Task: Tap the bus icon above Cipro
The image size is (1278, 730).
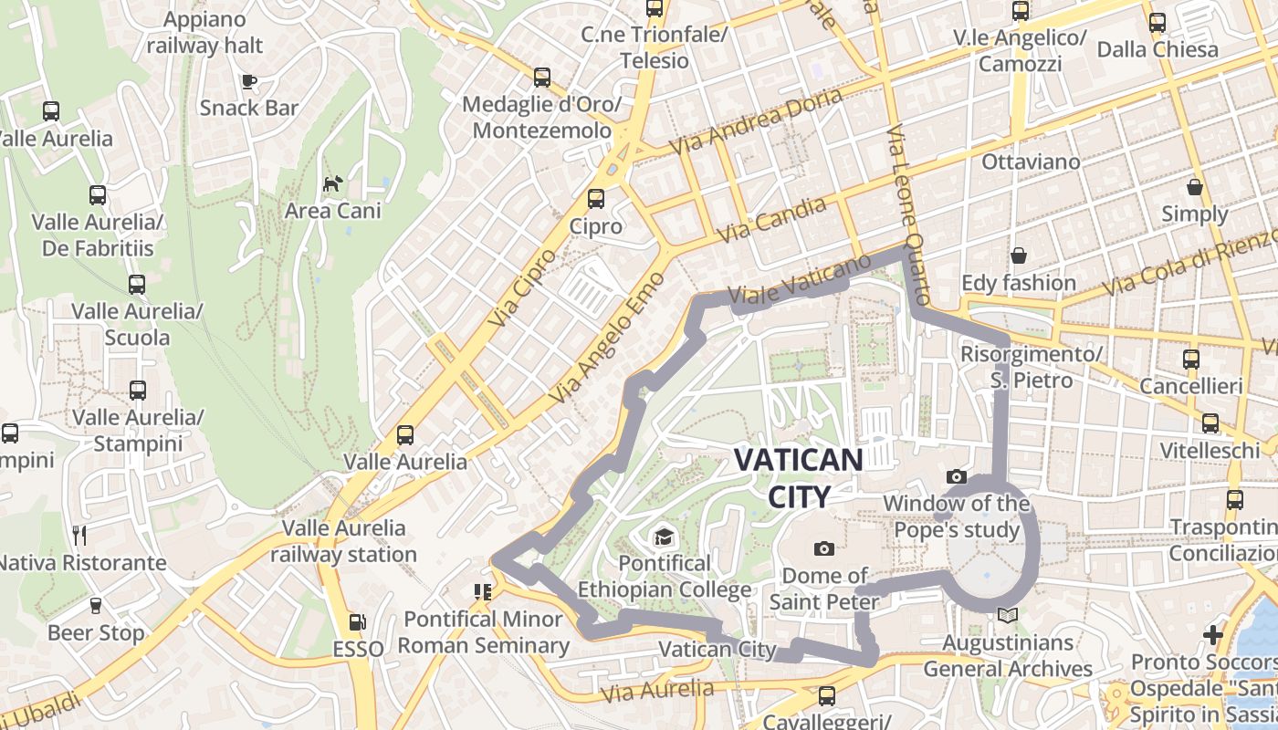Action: (596, 198)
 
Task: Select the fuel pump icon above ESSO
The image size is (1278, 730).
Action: (358, 623)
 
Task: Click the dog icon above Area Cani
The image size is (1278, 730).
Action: (332, 183)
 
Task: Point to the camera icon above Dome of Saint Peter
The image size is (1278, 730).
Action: (824, 548)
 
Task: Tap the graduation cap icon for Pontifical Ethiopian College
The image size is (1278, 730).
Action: (664, 536)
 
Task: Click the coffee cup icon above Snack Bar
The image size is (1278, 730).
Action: (248, 81)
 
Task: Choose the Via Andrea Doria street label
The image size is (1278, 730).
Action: (756, 122)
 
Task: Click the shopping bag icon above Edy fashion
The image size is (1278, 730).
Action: (1018, 255)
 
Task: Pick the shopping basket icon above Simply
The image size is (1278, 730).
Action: (1194, 187)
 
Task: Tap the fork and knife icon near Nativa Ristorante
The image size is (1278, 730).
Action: (79, 535)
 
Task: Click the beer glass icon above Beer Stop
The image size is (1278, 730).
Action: (95, 606)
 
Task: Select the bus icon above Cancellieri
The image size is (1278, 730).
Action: (1190, 359)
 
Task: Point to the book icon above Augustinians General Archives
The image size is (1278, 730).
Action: (1007, 616)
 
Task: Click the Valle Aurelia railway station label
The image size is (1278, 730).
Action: (343, 540)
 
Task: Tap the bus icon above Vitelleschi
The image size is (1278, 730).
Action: (1210, 422)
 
